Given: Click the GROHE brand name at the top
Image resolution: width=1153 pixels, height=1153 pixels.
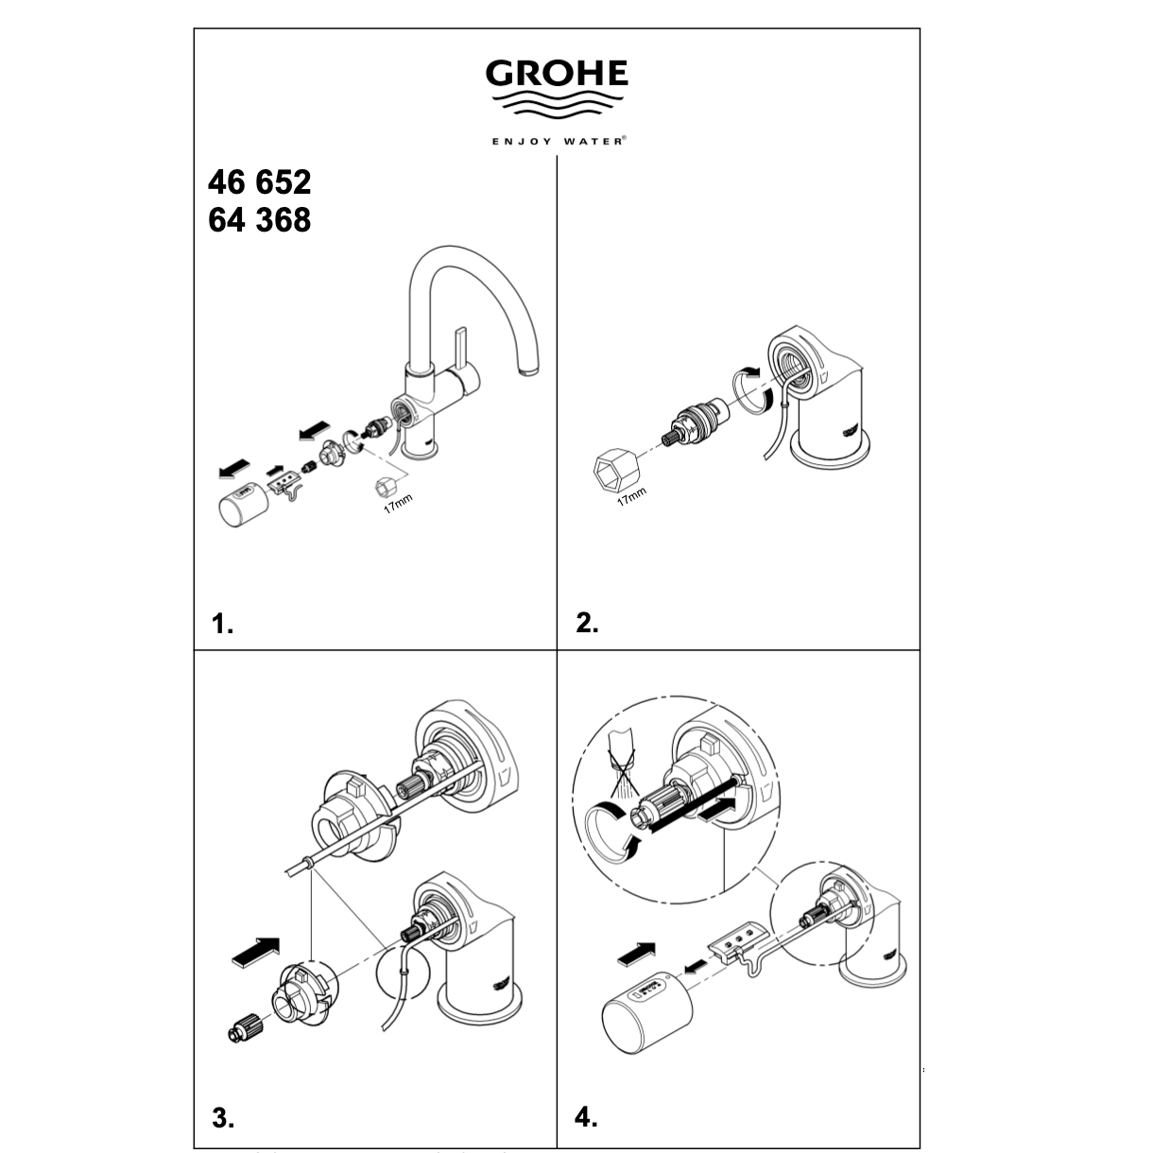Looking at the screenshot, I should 557,73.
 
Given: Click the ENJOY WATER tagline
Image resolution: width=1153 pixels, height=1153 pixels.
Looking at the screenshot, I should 557,141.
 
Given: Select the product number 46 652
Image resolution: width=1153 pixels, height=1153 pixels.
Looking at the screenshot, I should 258,181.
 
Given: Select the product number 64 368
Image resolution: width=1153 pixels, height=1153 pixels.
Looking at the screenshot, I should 258,220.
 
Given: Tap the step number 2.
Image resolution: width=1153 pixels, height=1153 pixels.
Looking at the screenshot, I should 587,624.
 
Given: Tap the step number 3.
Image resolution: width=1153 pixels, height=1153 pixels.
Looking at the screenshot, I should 222,1119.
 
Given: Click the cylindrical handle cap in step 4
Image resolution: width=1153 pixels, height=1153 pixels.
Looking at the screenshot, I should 638,1015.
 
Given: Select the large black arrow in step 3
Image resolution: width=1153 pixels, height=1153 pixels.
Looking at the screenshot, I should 255,949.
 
